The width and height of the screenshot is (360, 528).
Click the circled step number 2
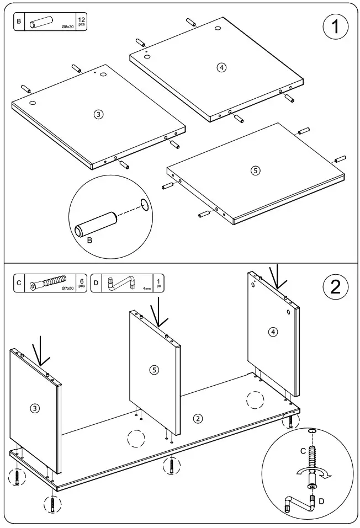click(335, 287)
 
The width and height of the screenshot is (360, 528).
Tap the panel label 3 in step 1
click(98, 114)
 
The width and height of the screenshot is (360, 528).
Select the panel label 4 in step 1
click(221, 67)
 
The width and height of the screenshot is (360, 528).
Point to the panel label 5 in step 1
click(255, 170)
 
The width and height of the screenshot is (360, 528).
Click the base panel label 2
click(197, 418)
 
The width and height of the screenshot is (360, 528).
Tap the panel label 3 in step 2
click(35, 408)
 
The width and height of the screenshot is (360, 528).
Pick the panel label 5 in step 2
click(154, 370)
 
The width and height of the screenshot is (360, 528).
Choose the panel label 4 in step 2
click(273, 332)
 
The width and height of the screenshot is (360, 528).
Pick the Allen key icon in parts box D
click(123, 284)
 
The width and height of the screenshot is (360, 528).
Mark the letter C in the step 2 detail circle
click(303, 451)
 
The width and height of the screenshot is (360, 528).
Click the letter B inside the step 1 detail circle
click(91, 241)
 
